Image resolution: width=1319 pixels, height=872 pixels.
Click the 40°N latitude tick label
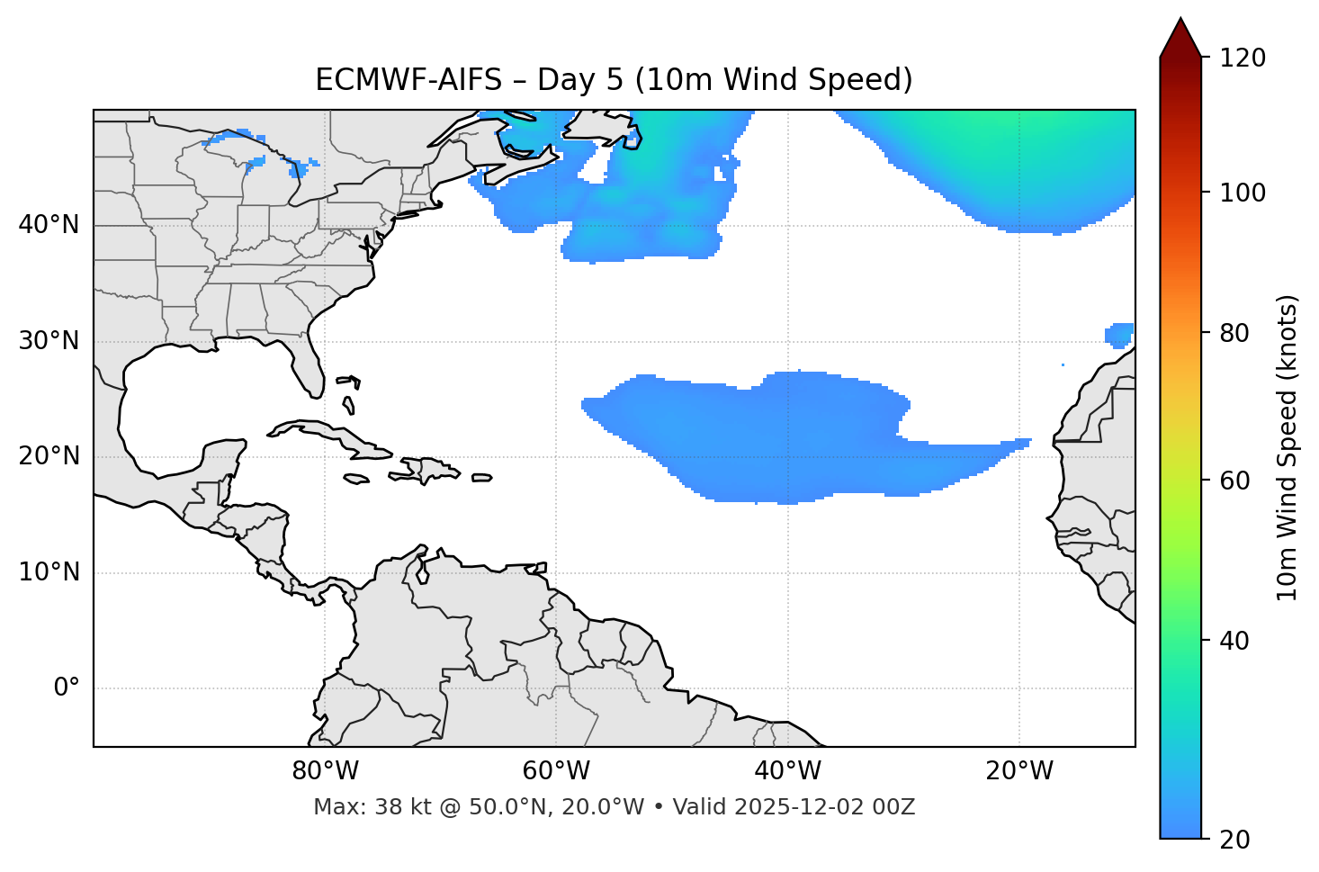(x=49, y=225)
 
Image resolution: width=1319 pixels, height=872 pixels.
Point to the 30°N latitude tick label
(x=49, y=341)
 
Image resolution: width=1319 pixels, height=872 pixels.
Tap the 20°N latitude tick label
(x=49, y=457)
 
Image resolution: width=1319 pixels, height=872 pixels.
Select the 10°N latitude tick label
(x=49, y=572)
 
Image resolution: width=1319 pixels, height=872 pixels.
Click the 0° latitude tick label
(x=67, y=688)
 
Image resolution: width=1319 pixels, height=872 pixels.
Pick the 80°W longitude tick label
(x=325, y=771)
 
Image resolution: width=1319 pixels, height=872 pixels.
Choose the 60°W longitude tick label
(x=556, y=771)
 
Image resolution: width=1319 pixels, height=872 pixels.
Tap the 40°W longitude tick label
(x=787, y=771)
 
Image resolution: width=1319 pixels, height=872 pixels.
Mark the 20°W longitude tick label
(x=1019, y=771)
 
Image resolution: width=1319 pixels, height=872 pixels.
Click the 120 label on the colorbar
(x=1243, y=58)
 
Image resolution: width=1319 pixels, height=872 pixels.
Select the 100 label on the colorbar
(x=1243, y=193)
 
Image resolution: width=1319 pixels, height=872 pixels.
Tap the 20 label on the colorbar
(x=1235, y=840)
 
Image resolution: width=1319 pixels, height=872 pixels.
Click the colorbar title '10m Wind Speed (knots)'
(x=1288, y=447)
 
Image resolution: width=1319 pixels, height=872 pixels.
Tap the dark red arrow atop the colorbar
(x=1180, y=39)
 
